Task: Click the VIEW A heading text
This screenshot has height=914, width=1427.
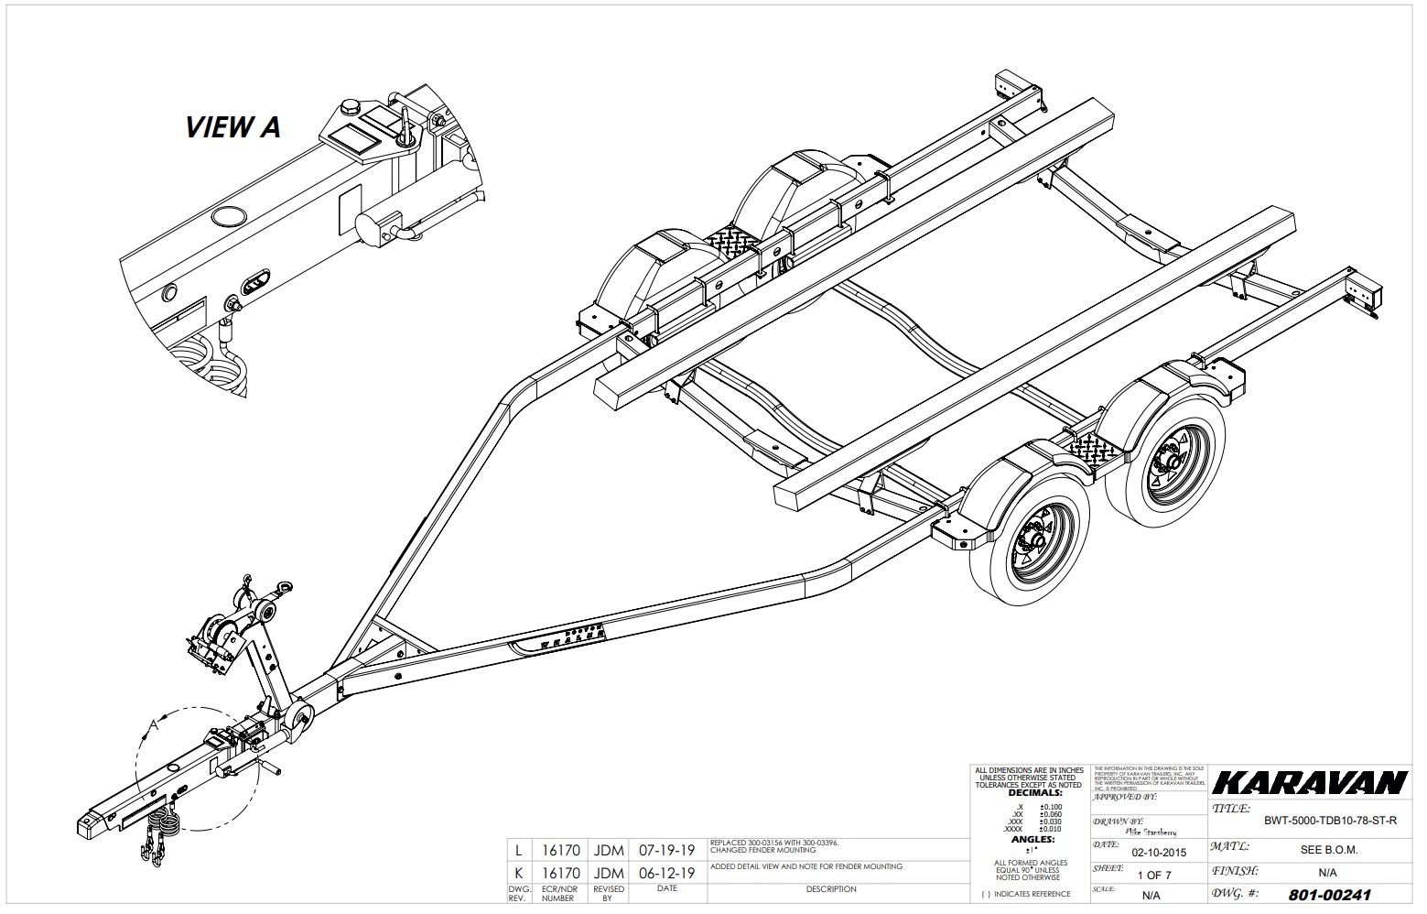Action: click(232, 126)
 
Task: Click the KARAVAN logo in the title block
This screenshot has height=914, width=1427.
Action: click(1309, 783)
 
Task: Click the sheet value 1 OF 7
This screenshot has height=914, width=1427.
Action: click(1153, 875)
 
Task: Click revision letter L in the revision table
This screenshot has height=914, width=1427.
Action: click(520, 850)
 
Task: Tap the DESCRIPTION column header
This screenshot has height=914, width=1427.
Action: click(831, 889)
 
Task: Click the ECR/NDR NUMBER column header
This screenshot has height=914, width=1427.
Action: click(558, 893)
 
